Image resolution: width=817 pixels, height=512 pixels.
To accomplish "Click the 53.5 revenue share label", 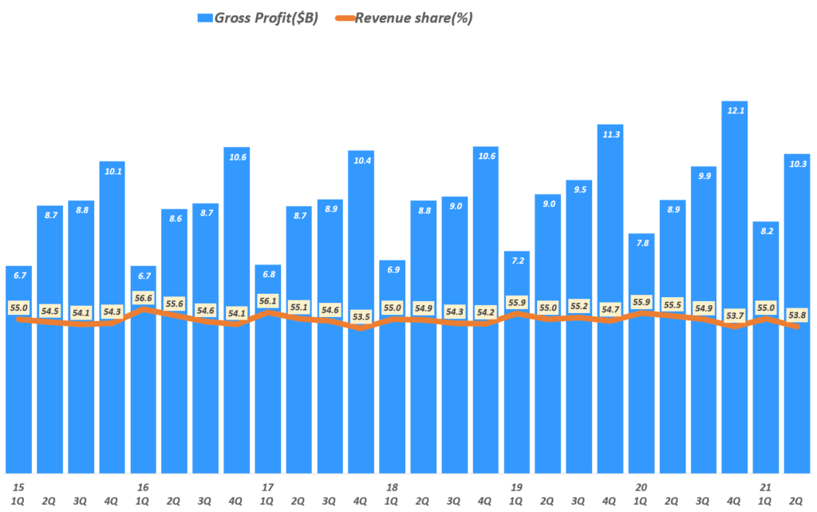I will [x=361, y=316].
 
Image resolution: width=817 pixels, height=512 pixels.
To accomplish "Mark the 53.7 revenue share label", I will [x=734, y=316].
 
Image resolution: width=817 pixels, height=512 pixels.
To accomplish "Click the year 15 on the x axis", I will [x=18, y=486].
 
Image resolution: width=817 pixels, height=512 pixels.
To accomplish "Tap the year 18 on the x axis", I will [x=391, y=486].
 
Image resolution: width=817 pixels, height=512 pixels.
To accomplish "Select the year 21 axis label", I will [x=765, y=486].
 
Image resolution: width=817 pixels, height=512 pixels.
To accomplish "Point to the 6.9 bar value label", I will [x=392, y=271].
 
